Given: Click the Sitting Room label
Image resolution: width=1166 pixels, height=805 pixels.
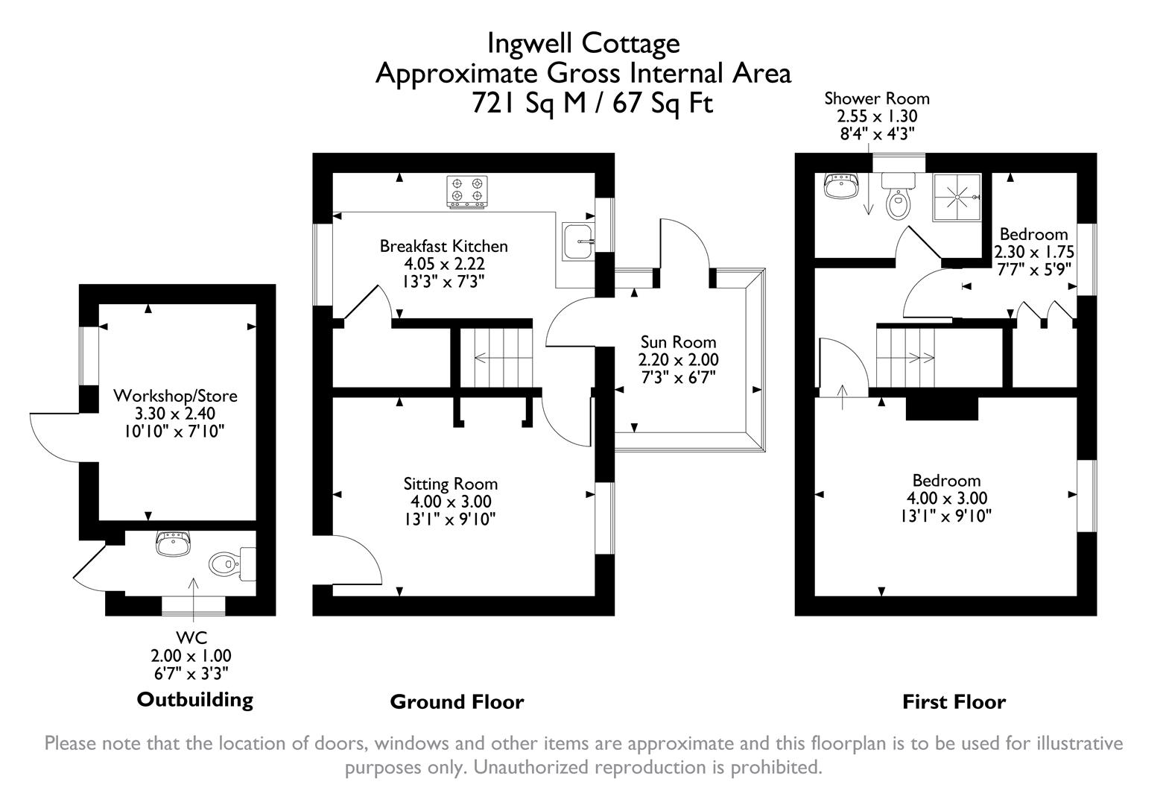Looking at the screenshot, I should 450,484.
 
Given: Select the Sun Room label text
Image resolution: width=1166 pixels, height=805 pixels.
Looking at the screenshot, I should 678,342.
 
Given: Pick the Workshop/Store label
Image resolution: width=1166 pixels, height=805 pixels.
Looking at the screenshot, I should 175,395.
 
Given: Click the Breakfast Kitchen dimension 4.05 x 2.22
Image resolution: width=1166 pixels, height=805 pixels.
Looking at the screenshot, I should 444,264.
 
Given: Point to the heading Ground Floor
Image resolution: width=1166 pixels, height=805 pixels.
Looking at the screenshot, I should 457,701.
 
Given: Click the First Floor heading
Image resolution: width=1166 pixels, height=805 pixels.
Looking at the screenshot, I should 954,701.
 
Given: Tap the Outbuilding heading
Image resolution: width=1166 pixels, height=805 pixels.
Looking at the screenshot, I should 194,699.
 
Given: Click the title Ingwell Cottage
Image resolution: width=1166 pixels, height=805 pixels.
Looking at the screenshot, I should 583,43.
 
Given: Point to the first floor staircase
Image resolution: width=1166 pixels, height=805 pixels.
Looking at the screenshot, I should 904,357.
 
